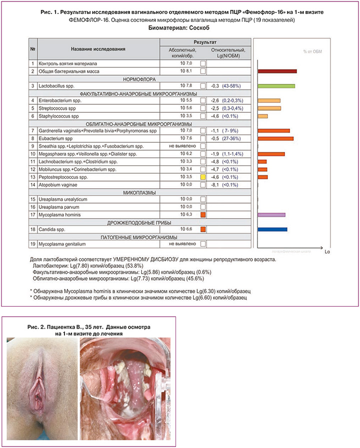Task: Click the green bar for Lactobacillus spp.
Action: coord(276,86)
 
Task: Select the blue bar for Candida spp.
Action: coord(272,229)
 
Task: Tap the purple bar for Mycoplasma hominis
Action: coord(271,215)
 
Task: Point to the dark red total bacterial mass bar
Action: coord(277,71)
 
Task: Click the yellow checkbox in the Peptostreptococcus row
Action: coord(203,177)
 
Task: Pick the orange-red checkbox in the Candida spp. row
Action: coord(203,229)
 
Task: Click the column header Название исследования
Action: coord(97,49)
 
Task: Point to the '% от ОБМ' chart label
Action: coord(312,51)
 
